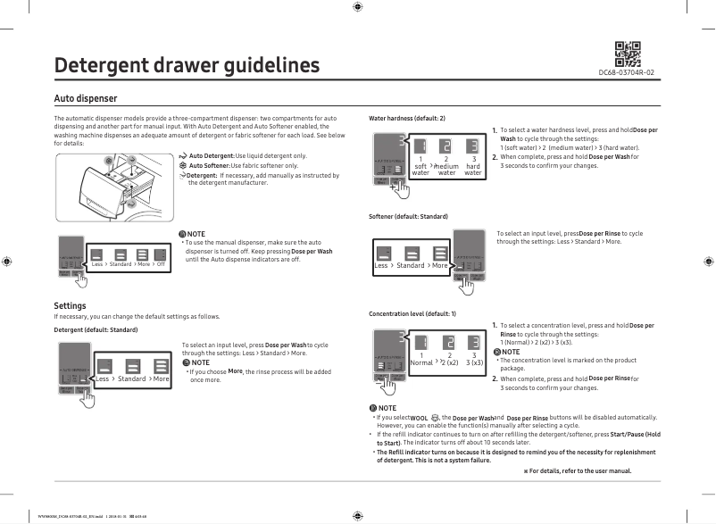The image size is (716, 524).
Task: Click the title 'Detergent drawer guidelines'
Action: (187, 66)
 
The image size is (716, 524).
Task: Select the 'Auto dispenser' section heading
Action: (86, 97)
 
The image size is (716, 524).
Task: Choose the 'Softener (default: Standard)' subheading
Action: (408, 217)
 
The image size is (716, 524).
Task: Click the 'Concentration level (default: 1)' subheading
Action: (412, 314)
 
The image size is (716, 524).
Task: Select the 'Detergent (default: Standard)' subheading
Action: (96, 330)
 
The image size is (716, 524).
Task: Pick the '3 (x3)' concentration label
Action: (474, 363)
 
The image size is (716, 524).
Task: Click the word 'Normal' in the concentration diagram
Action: (420, 363)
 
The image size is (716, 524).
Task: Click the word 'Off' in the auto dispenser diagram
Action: (161, 264)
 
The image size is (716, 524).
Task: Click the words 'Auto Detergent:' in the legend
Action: (212, 156)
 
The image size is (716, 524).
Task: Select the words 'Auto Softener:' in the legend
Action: (210, 166)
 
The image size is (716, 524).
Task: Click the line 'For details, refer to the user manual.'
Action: (580, 470)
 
